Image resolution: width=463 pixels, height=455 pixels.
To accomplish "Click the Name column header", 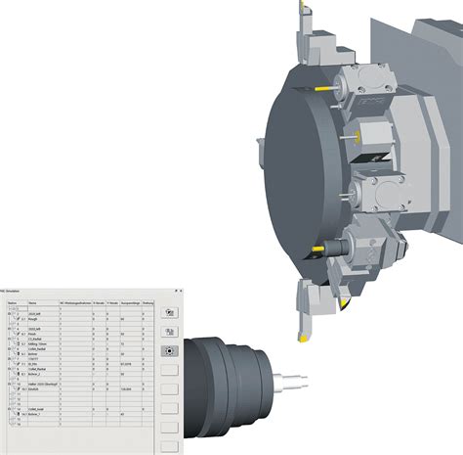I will coord(32,302).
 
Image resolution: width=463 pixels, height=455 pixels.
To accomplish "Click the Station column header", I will coord(12,302).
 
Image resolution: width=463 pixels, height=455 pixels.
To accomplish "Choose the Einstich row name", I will coord(33,388).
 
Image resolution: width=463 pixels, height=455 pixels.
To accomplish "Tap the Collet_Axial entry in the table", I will coord(35,408).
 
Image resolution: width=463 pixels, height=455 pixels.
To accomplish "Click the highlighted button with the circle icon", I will coord(169,350).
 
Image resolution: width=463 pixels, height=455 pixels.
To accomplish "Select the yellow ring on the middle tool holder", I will coord(358,133).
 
